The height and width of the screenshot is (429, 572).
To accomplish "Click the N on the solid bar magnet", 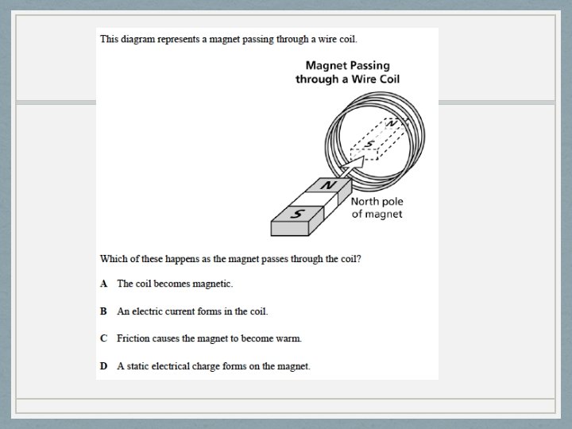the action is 328,185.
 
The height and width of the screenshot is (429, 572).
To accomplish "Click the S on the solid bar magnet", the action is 298,214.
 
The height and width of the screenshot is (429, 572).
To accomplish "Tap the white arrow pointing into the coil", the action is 353,165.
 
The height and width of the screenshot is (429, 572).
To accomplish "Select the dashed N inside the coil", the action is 391,124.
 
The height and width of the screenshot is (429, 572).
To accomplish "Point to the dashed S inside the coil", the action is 370,144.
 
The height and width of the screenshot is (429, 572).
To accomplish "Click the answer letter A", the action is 103,284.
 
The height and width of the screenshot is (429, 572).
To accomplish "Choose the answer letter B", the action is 103,311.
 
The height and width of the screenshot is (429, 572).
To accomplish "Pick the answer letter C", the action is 103,338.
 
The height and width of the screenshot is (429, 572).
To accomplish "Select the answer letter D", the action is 103,366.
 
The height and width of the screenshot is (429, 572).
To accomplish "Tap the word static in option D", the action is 138,366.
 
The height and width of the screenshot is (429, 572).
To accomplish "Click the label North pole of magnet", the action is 377,207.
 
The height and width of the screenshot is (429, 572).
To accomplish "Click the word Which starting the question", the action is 114,259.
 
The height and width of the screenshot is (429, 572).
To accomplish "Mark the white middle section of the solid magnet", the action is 315,199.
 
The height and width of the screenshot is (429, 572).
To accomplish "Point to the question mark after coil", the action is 359,259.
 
